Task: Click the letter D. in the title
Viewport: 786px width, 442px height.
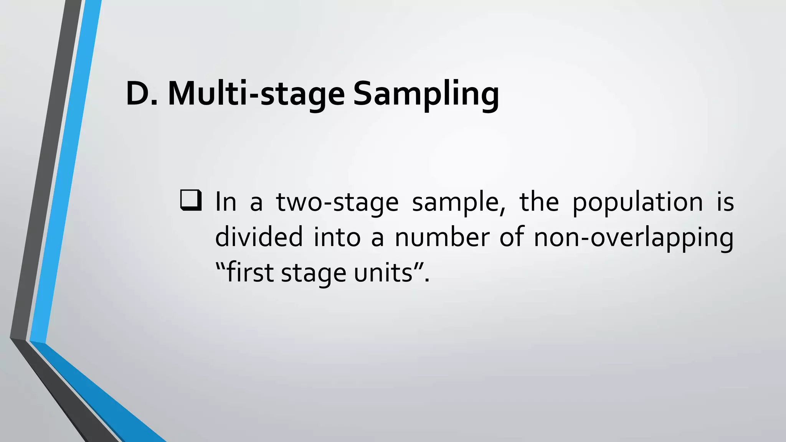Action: click(x=142, y=94)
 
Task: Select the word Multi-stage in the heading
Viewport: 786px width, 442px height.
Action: click(x=256, y=94)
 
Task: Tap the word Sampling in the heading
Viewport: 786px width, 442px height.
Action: click(x=426, y=94)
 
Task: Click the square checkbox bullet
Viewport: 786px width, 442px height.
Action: click(x=191, y=201)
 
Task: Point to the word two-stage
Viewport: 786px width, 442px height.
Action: click(x=337, y=202)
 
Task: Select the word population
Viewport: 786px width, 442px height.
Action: click(x=637, y=202)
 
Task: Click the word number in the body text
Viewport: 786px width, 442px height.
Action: click(x=442, y=237)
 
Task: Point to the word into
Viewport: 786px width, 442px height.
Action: click(x=337, y=237)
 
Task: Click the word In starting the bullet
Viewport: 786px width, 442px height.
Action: click(x=226, y=202)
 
